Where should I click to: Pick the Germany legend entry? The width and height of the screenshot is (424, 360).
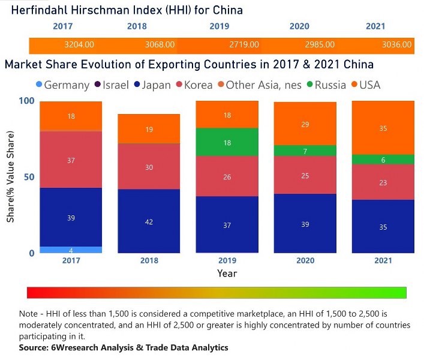tap(62, 85)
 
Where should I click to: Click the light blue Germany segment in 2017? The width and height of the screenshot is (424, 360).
tap(71, 250)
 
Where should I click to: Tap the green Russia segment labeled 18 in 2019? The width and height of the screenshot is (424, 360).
tap(227, 142)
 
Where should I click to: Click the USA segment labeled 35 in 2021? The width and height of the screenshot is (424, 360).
tap(383, 128)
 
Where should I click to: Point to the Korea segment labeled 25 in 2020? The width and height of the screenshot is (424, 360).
tap(305, 175)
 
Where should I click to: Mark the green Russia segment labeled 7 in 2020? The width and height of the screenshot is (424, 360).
tap(305, 151)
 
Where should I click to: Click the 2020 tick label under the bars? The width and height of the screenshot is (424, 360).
tap(305, 260)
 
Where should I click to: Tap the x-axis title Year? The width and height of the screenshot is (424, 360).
tap(227, 274)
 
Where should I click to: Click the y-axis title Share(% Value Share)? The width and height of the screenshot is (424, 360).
tap(11, 177)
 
